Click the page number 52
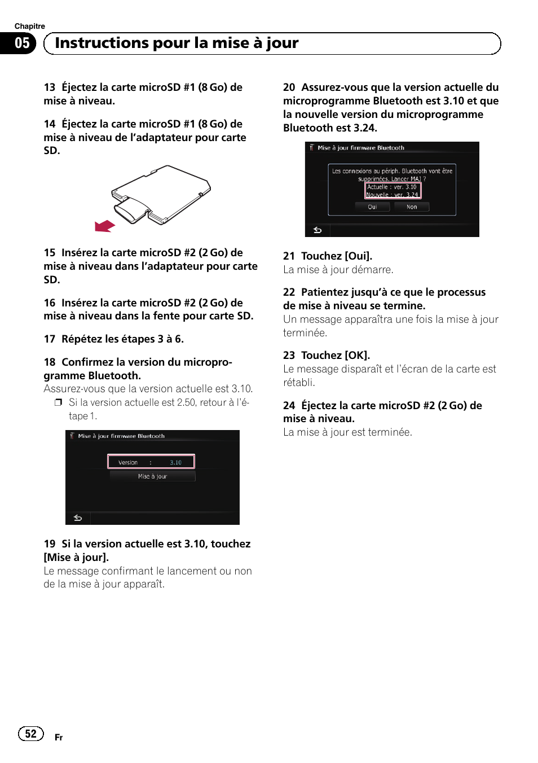pos(30,733)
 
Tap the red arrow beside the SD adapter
pos(105,226)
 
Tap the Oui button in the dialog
pos(372,207)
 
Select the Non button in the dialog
pos(412,207)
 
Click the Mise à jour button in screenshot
pos(152,476)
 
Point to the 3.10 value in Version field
pos(175,462)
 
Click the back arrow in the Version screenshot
pos(78,518)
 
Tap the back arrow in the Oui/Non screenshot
pos(317,230)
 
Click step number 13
pos(49,87)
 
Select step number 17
pos(49,339)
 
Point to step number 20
pos(289,87)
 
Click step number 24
pos(289,405)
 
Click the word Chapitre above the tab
pos(29,26)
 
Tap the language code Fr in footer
pos(59,738)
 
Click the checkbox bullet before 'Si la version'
pos(58,402)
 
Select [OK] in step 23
pos(357,356)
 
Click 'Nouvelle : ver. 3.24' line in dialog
pos(392,195)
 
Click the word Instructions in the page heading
pos(102,43)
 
